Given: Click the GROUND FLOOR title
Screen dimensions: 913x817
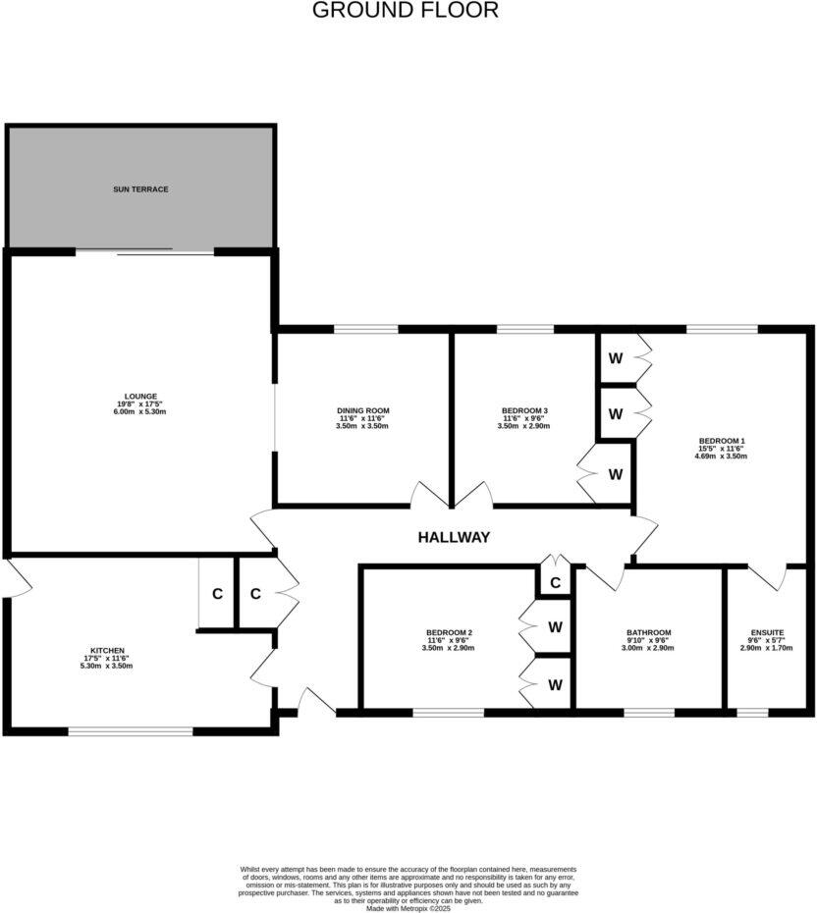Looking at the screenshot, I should coord(406,11).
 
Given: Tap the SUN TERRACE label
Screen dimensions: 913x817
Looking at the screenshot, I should coord(140,188).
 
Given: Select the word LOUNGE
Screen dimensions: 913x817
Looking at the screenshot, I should coord(140,397).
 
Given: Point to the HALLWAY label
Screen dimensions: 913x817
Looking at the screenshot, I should coord(454,537).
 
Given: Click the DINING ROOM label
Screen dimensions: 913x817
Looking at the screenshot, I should coord(363,410).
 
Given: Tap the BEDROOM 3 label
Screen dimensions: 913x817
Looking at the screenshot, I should coord(524,410).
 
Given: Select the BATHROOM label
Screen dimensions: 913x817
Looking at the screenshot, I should coord(649,632).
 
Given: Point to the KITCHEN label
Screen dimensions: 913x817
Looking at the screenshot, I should coord(107,650).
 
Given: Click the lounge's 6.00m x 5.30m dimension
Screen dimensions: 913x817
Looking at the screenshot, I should coord(140,412).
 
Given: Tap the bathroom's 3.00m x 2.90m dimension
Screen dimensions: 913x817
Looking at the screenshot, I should coord(649,649).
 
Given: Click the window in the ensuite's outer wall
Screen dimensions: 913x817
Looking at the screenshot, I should coord(752,711).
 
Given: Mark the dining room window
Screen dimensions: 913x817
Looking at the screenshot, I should coord(365,329).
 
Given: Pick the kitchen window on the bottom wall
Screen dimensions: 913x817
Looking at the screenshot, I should coord(131,729).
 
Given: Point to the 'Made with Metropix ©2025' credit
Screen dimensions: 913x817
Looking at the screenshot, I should coord(408,909).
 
